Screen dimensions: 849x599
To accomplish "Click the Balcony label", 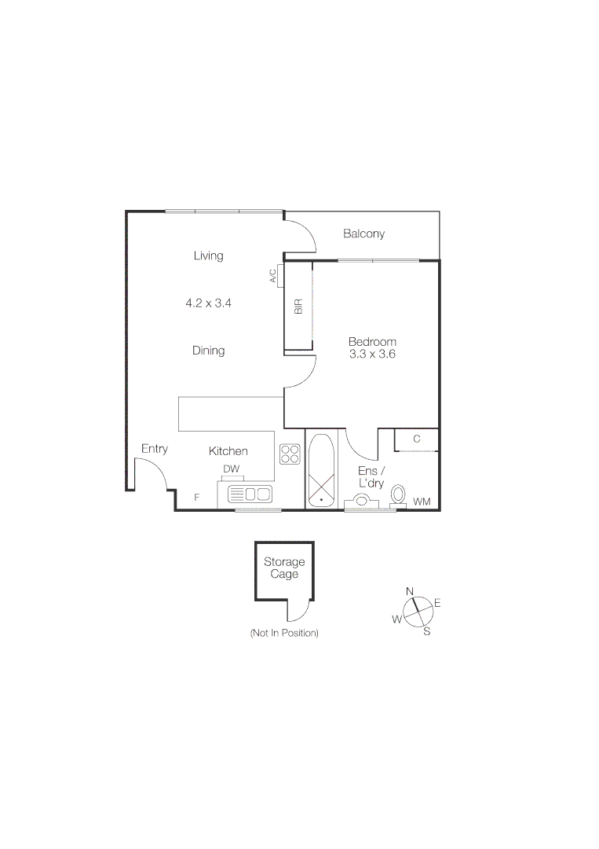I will click(363, 234).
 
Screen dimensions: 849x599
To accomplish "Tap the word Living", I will click(208, 255).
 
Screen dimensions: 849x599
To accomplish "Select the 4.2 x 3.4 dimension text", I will click(208, 302).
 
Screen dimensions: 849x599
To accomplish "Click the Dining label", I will click(208, 351).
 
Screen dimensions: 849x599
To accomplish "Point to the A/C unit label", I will click(273, 276).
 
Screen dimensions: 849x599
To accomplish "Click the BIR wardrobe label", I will click(298, 307).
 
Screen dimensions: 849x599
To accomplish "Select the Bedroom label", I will click(372, 342).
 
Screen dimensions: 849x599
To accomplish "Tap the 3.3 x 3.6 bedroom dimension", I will click(372, 355).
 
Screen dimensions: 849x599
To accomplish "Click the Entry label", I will click(154, 449).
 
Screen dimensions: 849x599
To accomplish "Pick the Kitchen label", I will click(228, 451).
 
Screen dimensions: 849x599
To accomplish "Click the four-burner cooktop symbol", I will click(290, 454).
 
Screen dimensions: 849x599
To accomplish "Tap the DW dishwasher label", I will click(231, 469).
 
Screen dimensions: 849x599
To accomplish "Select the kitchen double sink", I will click(250, 494).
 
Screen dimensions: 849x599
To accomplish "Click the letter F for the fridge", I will click(197, 498).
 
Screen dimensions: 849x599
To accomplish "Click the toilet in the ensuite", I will click(398, 494).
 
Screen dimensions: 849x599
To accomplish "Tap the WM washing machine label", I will click(422, 501).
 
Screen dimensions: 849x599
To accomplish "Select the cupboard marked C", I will click(416, 439).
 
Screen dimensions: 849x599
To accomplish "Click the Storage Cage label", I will click(283, 568).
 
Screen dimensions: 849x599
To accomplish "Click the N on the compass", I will click(409, 591).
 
